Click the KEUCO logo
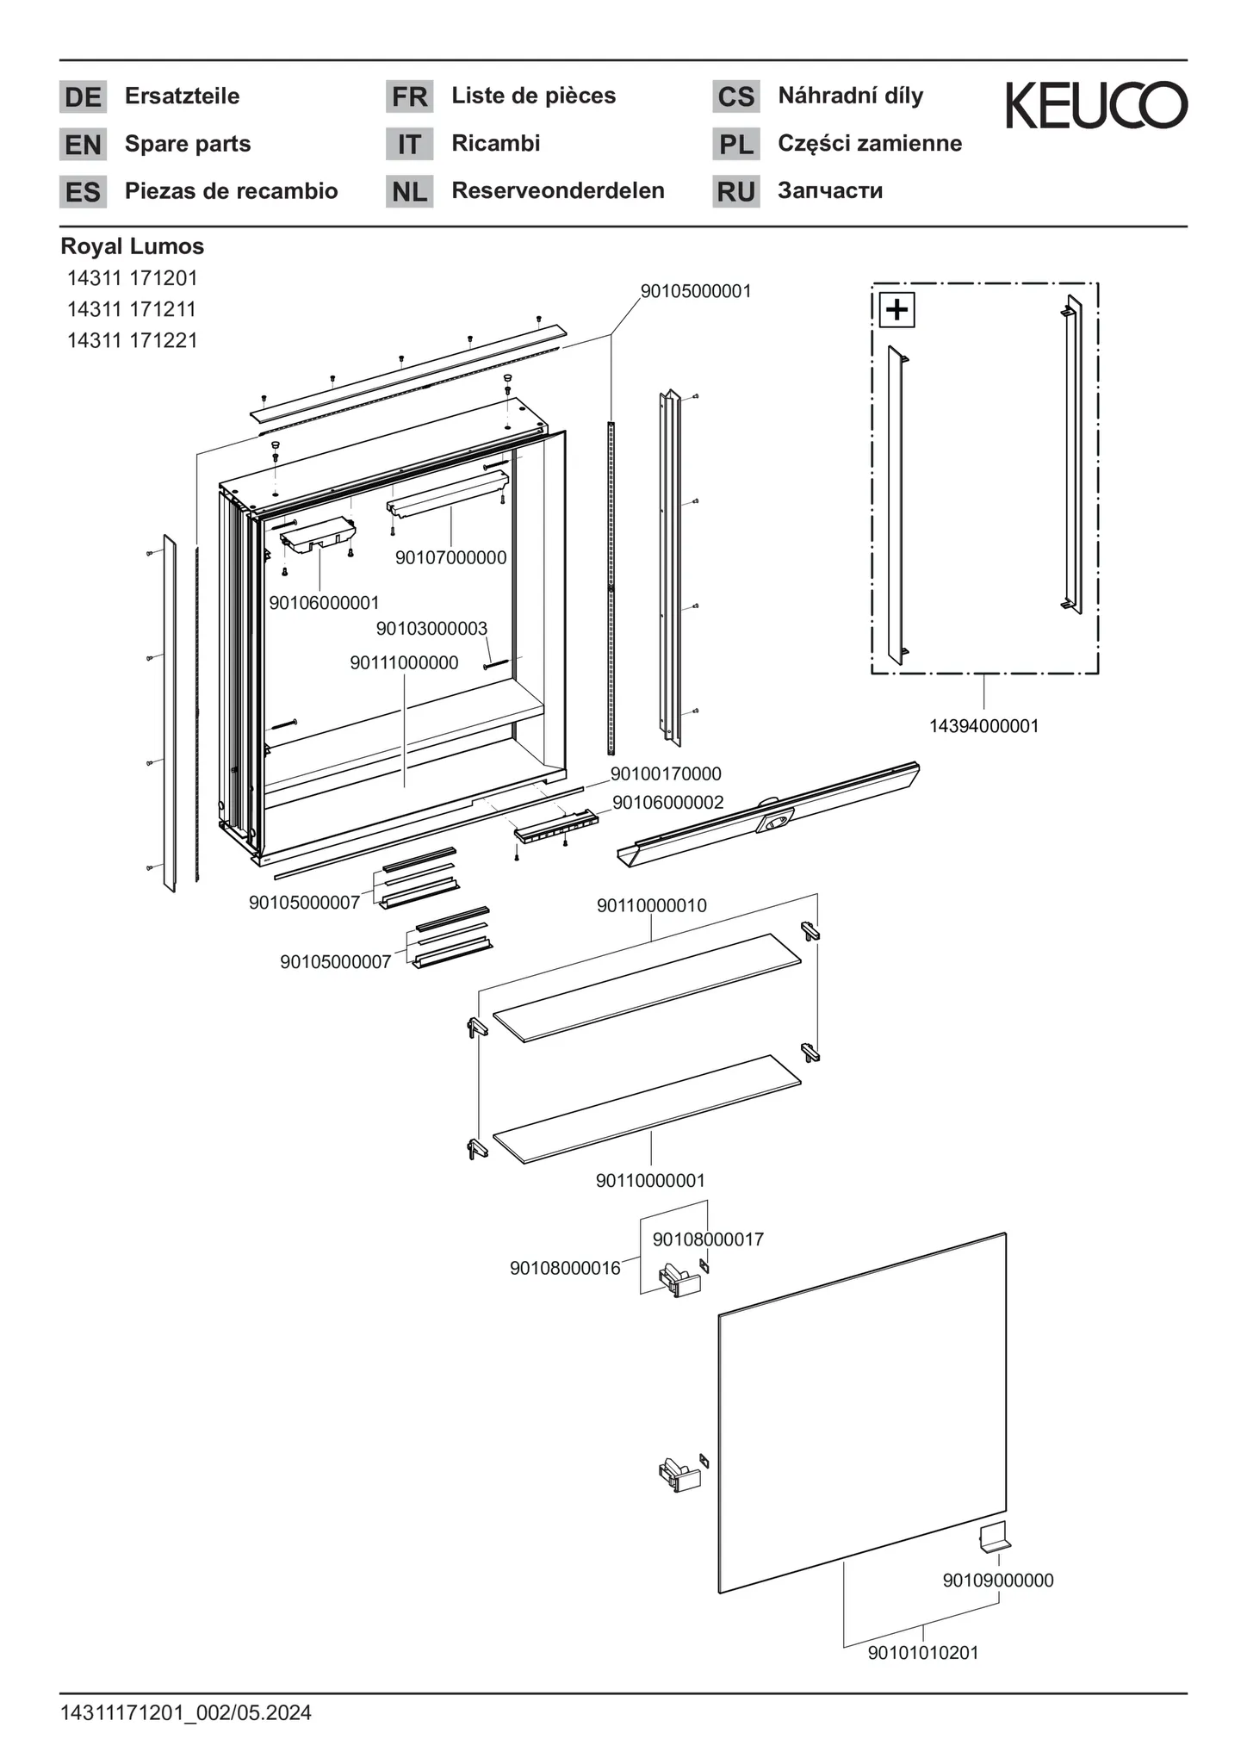pos(1096,105)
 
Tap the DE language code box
pos(83,96)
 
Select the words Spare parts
pos(187,144)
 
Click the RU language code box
pos(735,191)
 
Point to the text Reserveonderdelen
pos(557,190)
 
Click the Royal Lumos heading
pos(132,246)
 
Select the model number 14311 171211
pos(132,308)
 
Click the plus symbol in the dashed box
pos(896,309)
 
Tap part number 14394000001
pos(983,726)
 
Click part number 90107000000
pos(450,558)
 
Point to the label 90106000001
pos(324,603)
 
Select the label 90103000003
pos(431,629)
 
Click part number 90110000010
pos(651,905)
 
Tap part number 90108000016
pos(565,1268)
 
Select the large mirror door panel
pos(861,1413)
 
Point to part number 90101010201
pos(922,1653)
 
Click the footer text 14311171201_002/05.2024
pos(185,1713)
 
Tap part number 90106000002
pos(667,803)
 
